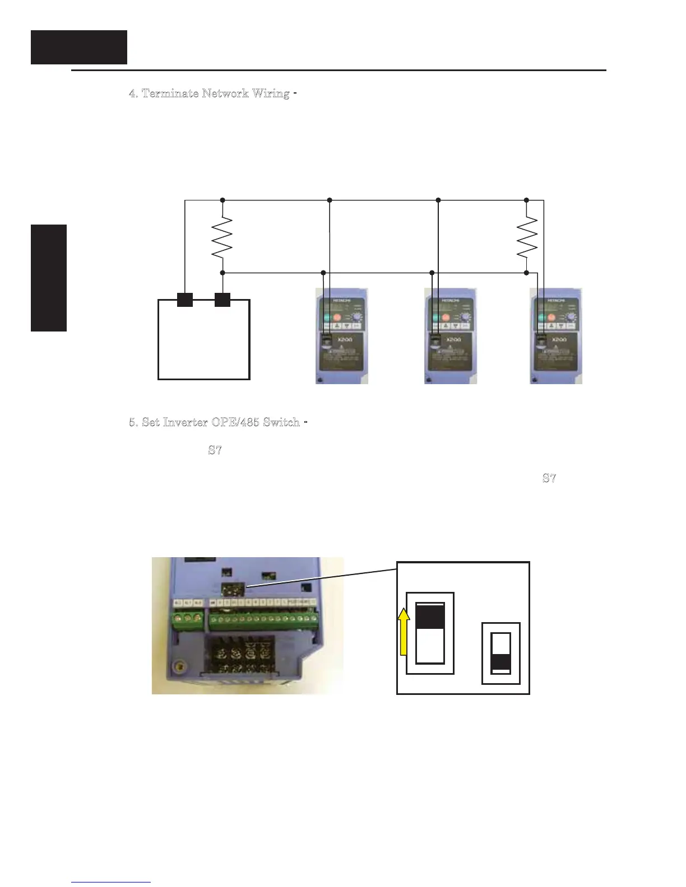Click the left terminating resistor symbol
(x=223, y=237)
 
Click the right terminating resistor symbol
(x=527, y=237)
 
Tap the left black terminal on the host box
(x=185, y=300)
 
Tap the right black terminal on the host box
(x=223, y=300)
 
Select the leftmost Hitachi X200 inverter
(x=342, y=336)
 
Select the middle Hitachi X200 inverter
(x=451, y=336)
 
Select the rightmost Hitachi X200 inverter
(x=556, y=336)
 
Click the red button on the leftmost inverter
(x=337, y=318)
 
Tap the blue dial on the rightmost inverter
(x=571, y=318)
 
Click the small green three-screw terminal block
(x=188, y=618)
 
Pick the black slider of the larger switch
(x=430, y=617)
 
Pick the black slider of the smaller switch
(x=501, y=662)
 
